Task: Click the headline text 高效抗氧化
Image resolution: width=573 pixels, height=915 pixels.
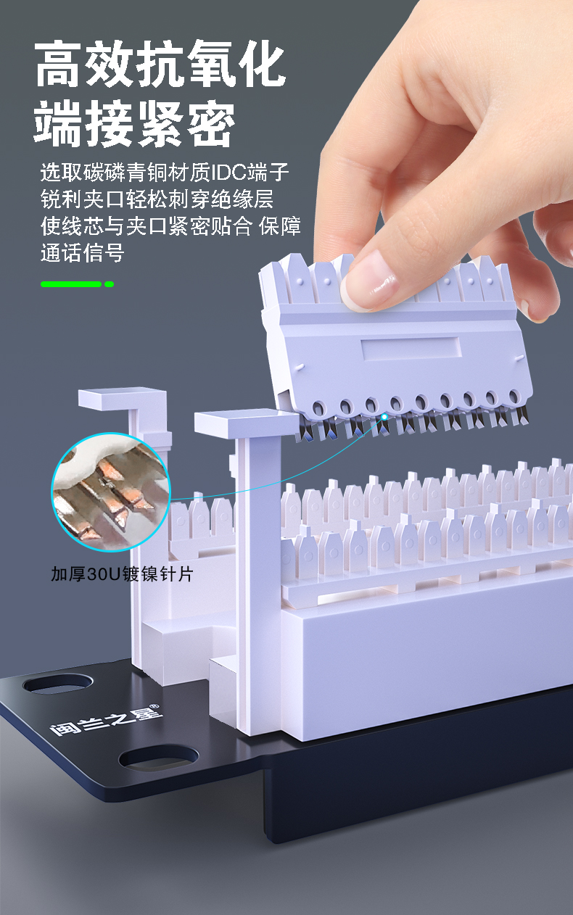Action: (160, 64)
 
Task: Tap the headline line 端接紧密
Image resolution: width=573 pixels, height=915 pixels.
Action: (134, 123)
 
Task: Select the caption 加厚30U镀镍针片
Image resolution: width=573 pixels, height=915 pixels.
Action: (122, 574)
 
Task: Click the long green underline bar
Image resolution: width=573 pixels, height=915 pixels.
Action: (70, 284)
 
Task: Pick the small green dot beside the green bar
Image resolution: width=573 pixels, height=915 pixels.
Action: (109, 284)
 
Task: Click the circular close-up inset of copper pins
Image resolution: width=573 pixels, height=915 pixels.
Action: (111, 492)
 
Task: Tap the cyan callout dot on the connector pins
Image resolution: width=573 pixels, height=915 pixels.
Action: (384, 417)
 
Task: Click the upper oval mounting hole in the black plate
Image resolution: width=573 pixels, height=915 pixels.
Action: (58, 684)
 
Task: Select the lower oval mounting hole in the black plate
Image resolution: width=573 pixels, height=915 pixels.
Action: (159, 758)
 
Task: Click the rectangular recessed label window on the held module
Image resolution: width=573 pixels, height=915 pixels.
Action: (411, 349)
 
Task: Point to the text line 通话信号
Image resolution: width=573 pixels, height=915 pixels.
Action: (83, 252)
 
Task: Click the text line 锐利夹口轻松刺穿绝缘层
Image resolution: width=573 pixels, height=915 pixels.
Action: (157, 199)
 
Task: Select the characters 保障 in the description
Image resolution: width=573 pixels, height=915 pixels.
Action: (280, 226)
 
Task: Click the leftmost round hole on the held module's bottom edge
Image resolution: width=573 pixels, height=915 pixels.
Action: (319, 407)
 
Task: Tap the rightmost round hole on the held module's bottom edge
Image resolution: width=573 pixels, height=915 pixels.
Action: (514, 396)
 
